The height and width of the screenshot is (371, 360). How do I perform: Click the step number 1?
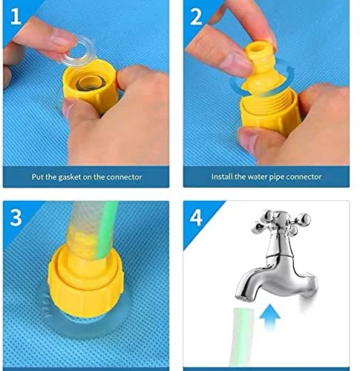point(16,16)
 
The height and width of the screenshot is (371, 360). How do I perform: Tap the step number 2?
point(196,16)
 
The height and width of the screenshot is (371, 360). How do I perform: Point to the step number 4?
point(196,217)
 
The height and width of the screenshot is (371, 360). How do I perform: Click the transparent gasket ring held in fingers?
point(78,51)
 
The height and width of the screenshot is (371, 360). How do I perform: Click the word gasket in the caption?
point(71,177)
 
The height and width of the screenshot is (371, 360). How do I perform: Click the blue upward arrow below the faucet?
point(270,318)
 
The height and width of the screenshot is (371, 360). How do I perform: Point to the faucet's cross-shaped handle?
point(281,223)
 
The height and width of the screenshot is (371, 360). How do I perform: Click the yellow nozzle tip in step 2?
point(256,49)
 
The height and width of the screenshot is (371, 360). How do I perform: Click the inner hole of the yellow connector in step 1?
point(90,84)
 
